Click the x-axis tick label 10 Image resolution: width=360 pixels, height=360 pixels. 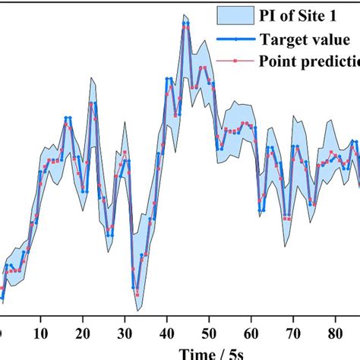click(x=41, y=333)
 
